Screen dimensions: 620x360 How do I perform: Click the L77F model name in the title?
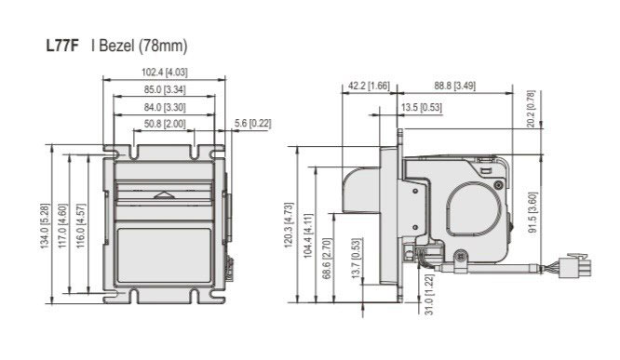click(x=62, y=46)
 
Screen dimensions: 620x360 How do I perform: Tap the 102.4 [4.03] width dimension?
click(x=165, y=73)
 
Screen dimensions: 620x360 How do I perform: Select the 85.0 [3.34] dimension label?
click(x=165, y=89)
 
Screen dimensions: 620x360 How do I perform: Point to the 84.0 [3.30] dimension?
click(x=165, y=107)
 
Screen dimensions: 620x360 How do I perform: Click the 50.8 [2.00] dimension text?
click(x=165, y=124)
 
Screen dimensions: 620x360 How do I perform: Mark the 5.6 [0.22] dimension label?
click(x=252, y=124)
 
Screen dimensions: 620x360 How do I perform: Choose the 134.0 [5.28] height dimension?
click(x=45, y=226)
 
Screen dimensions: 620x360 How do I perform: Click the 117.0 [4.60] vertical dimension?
click(x=63, y=226)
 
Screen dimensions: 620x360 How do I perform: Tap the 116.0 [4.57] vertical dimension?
click(x=81, y=226)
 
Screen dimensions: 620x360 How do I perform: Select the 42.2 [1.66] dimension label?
click(x=369, y=86)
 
